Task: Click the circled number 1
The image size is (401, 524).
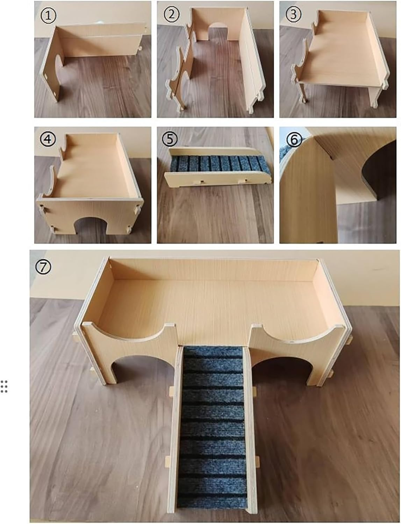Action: point(48,16)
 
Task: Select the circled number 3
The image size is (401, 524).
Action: point(293,15)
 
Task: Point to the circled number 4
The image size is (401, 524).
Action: point(48,139)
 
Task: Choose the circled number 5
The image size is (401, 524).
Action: point(170,139)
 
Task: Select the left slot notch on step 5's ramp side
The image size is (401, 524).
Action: point(200,182)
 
